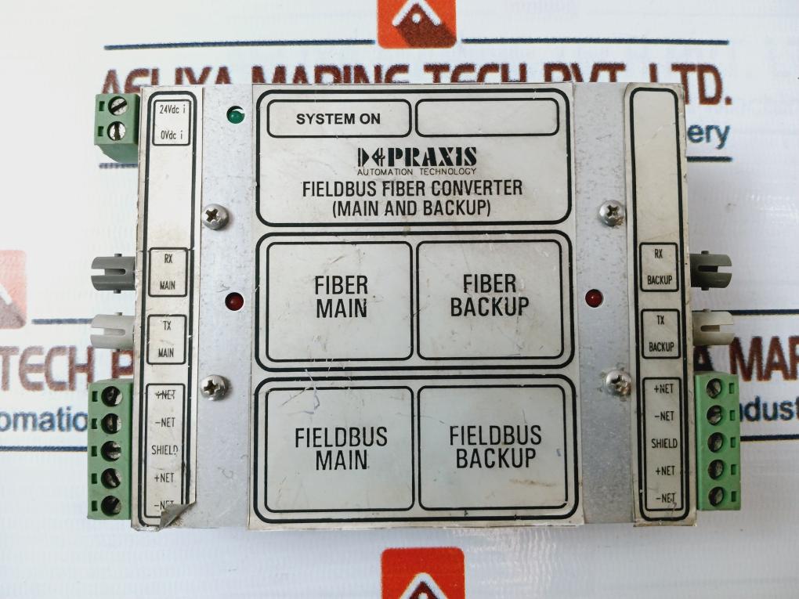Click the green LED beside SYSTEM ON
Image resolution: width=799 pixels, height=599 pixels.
point(235,116)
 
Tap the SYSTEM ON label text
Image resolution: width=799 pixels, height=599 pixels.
point(338,120)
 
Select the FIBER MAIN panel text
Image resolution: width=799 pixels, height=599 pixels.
point(342,295)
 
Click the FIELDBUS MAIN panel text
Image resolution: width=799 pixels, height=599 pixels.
point(341,447)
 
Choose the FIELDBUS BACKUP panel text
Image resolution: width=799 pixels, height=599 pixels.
point(495,446)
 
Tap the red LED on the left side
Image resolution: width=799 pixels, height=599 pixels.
point(234,301)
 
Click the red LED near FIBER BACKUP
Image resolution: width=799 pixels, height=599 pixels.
point(594,298)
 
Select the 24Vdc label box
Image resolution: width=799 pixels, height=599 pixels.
point(171,111)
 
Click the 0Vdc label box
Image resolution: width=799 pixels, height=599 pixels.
point(171,135)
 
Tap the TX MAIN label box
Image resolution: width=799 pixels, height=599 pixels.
point(168,340)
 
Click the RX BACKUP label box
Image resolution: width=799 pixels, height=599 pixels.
point(660,266)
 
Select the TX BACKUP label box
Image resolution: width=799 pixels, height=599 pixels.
point(660,333)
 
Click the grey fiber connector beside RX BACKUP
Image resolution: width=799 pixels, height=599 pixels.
point(710,270)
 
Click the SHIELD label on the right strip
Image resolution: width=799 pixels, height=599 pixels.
point(663,443)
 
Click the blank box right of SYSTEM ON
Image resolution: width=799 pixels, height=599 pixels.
point(487,118)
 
